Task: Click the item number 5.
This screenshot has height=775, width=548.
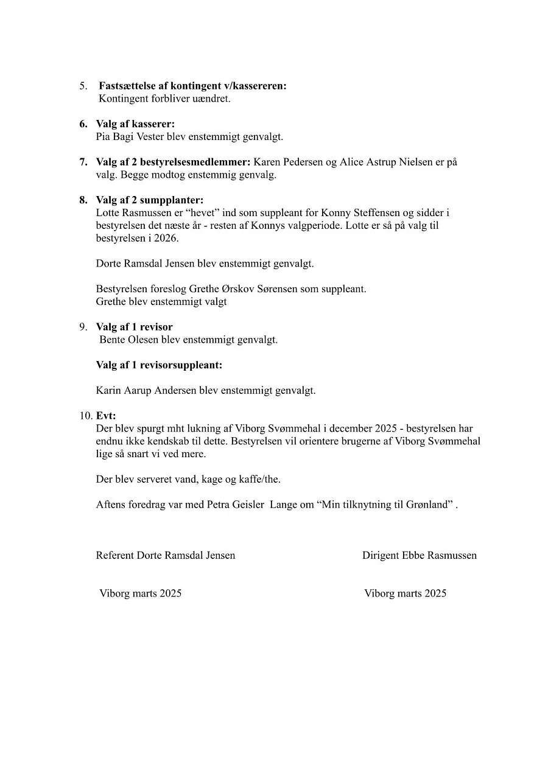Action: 83,86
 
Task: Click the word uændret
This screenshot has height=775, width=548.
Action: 211,99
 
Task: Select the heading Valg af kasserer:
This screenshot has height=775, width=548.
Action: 135,124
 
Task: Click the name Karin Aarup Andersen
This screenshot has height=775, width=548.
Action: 146,391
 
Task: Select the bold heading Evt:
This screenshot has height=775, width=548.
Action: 106,416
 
